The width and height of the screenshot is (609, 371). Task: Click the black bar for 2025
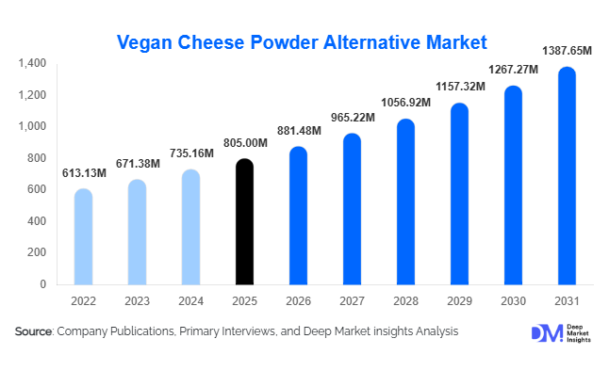pyautogui.click(x=244, y=222)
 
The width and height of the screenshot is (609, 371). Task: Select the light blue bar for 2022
pyautogui.click(x=83, y=237)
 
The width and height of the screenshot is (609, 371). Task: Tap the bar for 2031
pyautogui.click(x=567, y=176)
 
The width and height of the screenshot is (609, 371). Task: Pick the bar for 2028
pyautogui.click(x=405, y=202)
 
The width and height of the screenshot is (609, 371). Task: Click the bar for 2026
pyautogui.click(x=298, y=216)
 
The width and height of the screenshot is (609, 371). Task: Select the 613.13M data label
pyautogui.click(x=84, y=173)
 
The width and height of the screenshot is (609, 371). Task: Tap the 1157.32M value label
pyautogui.click(x=460, y=87)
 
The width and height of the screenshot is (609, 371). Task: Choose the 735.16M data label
pyautogui.click(x=191, y=153)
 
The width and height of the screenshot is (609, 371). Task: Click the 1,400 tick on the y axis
pyautogui.click(x=32, y=63)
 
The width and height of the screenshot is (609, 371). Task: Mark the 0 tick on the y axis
pyautogui.click(x=43, y=284)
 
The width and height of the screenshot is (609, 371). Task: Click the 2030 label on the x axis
pyautogui.click(x=513, y=302)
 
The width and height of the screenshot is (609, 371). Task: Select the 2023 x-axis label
pyautogui.click(x=137, y=302)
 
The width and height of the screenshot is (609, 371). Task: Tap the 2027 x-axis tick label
pyautogui.click(x=352, y=302)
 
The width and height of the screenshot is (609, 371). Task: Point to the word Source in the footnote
pyautogui.click(x=34, y=331)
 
